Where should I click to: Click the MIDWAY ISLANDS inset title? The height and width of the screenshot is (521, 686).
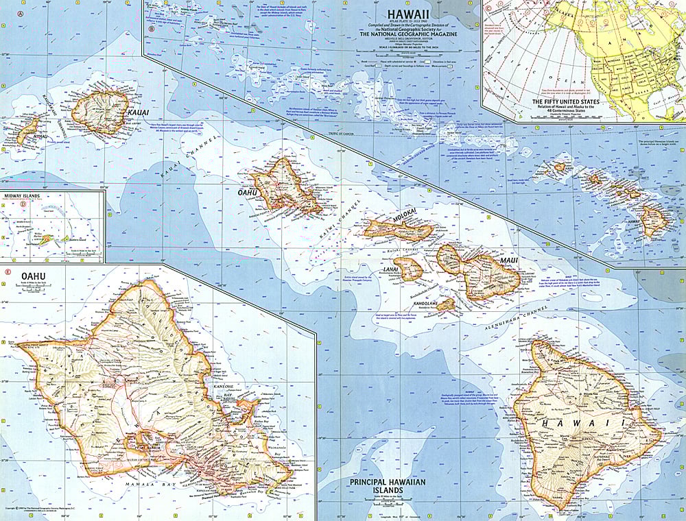(21, 196)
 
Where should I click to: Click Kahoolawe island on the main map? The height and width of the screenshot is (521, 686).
(445, 304)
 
